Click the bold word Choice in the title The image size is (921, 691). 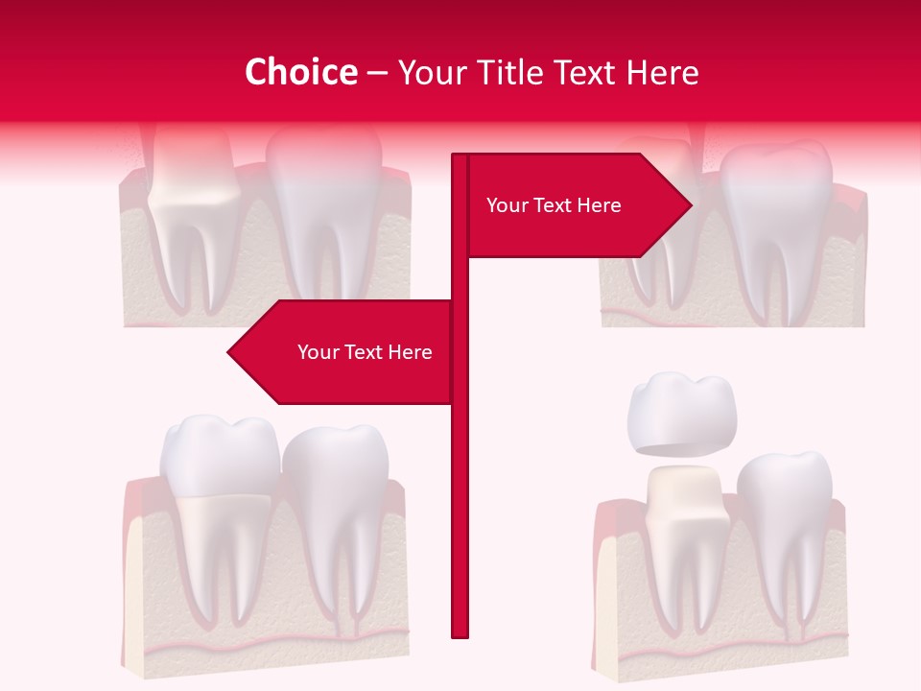click(300, 72)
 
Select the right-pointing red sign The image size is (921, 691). click(576, 205)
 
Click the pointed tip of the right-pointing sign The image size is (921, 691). click(689, 203)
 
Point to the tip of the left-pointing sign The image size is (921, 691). click(230, 352)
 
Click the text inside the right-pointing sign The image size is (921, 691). click(554, 205)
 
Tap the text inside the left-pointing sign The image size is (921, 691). click(365, 352)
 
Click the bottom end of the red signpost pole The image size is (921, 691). click(460, 633)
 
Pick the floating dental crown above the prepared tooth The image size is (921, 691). click(681, 413)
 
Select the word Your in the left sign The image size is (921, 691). click(318, 352)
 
